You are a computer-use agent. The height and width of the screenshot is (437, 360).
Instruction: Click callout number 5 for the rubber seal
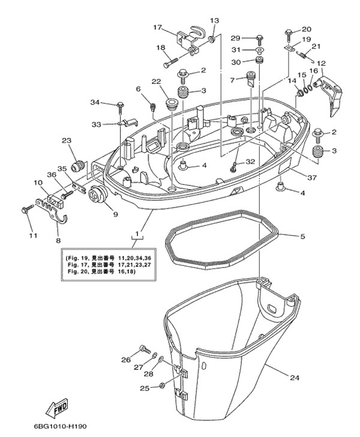(x=302, y=237)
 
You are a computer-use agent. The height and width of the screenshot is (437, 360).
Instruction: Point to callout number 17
(x=158, y=28)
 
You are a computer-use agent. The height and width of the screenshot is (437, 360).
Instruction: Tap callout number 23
(x=65, y=141)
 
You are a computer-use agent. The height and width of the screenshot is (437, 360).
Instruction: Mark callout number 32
(x=250, y=162)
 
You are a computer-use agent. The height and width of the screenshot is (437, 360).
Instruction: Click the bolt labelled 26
(x=143, y=348)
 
